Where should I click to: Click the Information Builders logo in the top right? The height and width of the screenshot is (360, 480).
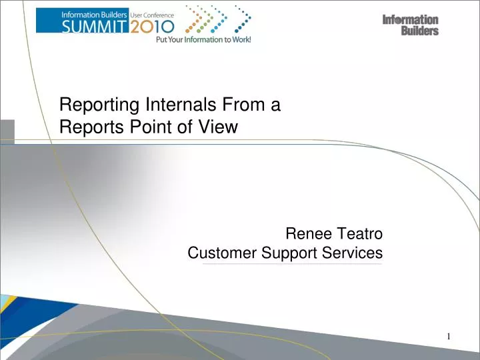click(x=410, y=25)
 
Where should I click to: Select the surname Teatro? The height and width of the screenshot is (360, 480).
click(x=360, y=234)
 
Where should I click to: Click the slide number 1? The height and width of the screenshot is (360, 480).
click(x=449, y=336)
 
